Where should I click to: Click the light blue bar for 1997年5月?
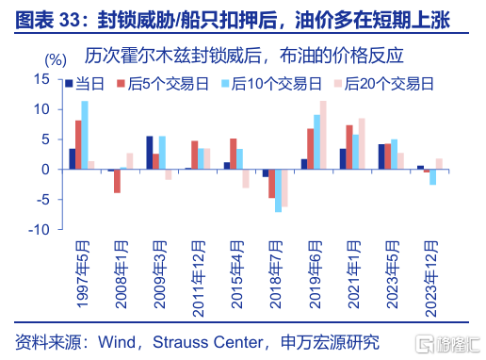click(x=85, y=135)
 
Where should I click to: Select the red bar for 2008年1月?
click(x=117, y=181)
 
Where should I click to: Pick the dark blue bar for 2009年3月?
click(x=150, y=153)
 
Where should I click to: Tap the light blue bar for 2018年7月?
click(x=278, y=191)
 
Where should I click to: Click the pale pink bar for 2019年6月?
click(x=323, y=135)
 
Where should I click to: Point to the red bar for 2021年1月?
click(x=349, y=147)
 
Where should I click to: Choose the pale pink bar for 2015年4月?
click(x=246, y=179)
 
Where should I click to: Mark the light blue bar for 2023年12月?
click(x=432, y=177)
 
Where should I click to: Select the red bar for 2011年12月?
click(x=195, y=155)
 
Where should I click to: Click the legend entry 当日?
click(x=85, y=84)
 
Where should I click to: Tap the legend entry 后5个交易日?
click(x=163, y=84)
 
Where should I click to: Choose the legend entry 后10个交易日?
click(x=271, y=84)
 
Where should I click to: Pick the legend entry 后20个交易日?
click(x=383, y=84)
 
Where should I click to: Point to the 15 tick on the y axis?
click(x=41, y=79)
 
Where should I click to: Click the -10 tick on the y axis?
click(x=39, y=230)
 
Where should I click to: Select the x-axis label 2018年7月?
click(x=276, y=274)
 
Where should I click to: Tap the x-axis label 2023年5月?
click(x=393, y=274)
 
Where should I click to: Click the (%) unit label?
click(x=56, y=59)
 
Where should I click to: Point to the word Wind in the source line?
click(x=117, y=342)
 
